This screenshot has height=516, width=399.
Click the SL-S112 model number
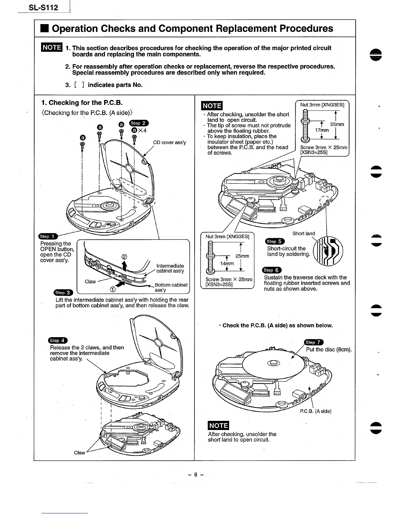43,7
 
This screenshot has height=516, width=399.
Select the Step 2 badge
139,123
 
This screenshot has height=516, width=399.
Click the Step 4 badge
57,340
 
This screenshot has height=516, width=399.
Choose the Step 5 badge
275,241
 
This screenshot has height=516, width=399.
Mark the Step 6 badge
272,270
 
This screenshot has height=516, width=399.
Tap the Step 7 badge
314,342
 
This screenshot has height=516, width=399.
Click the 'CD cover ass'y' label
170,142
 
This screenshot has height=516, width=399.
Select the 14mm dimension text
227,264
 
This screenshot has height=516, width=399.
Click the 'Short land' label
303,234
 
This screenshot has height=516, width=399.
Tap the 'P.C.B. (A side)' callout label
316,411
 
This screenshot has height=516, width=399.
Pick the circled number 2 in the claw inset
124,256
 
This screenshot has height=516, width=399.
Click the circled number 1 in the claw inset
112,289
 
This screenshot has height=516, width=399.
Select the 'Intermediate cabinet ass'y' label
170,268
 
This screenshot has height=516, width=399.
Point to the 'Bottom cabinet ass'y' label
171,287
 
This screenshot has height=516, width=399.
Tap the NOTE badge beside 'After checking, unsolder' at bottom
219,425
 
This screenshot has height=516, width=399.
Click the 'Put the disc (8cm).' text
329,350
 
